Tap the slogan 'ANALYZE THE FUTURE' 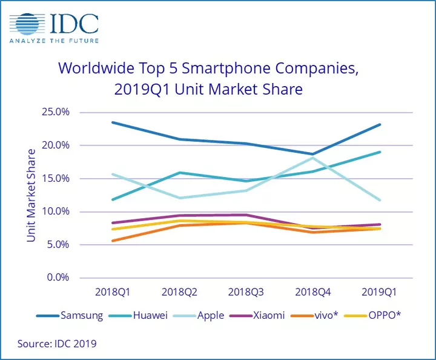pos(53,41)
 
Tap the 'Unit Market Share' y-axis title pos(31,195)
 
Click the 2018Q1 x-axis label pos(113,292)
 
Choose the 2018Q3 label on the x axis pos(246,292)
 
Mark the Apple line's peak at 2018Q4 pos(313,158)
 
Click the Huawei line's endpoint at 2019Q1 pos(380,152)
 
